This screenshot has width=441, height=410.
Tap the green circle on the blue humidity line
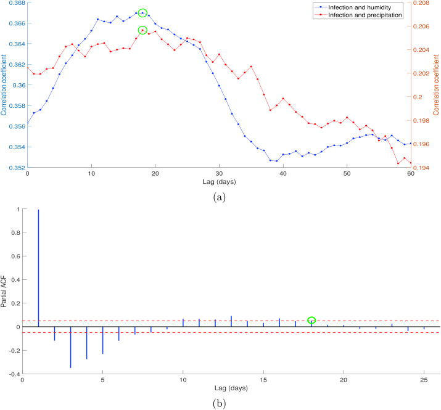(142, 12)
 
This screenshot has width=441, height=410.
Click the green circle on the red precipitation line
(142, 30)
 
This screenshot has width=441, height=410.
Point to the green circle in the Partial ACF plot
(311, 320)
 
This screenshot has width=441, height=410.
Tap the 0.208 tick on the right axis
(421, 3)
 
